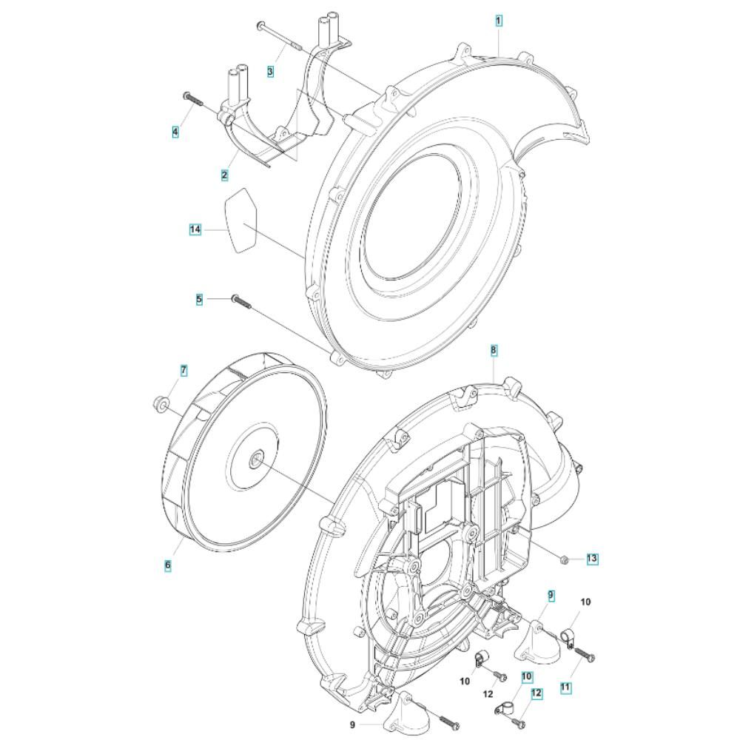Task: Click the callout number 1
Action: [x=499, y=21]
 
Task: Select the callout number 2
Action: [x=224, y=175]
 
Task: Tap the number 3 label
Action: [x=270, y=72]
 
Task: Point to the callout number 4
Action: [x=175, y=132]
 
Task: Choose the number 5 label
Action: [x=199, y=299]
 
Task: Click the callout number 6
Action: [x=167, y=565]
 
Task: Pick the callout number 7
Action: [x=184, y=371]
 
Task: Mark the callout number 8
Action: [x=494, y=350]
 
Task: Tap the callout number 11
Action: [x=565, y=687]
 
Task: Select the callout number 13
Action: [x=592, y=559]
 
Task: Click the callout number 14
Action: [x=195, y=230]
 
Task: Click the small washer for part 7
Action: [x=161, y=404]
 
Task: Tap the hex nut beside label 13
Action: [x=563, y=559]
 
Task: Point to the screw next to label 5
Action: [x=240, y=302]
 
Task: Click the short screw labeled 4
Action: [x=193, y=99]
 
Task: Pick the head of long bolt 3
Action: [x=260, y=25]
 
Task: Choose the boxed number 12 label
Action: [x=536, y=694]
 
